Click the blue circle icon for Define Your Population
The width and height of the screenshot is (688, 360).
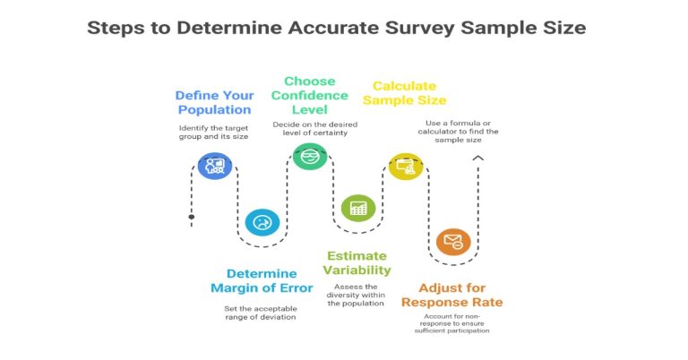[x=214, y=166]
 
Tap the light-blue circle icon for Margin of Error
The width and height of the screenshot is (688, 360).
[x=262, y=222]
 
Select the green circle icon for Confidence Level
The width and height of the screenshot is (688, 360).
[x=310, y=156]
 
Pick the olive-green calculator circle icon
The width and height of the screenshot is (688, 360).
[x=358, y=208]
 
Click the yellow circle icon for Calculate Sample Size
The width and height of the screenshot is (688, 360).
[x=406, y=166]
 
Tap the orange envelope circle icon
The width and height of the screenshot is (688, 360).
[x=453, y=242]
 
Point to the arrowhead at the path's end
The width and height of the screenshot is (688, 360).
[x=478, y=158]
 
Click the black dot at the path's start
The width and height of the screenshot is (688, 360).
[x=191, y=217]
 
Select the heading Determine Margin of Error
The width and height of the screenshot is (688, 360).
[x=262, y=280]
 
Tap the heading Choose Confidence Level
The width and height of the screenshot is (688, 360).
[x=310, y=96]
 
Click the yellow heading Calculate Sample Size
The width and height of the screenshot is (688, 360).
[x=404, y=93]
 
